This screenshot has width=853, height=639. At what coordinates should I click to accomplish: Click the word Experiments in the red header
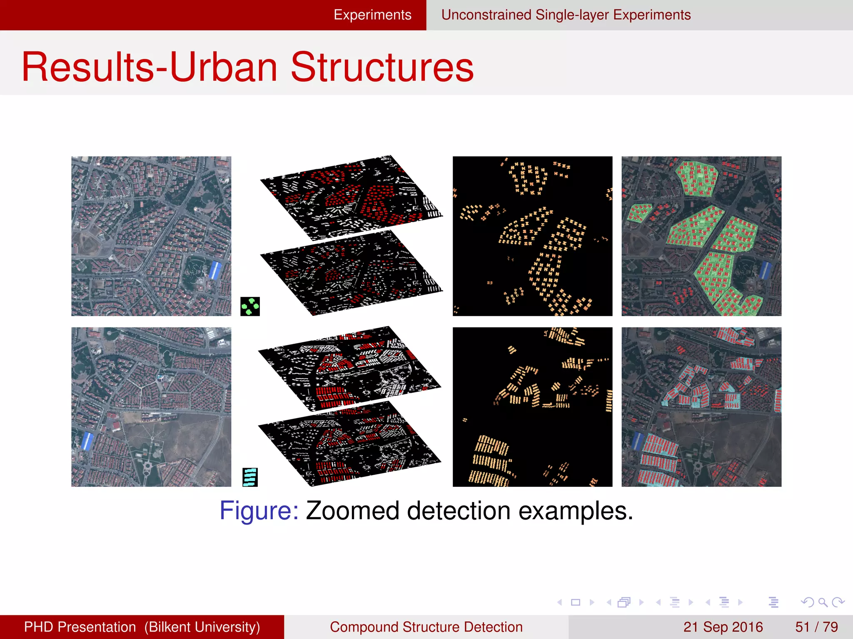pos(372,15)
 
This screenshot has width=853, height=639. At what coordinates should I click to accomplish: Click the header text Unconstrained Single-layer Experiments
pos(566,15)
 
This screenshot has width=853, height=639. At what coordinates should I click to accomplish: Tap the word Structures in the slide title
pos(382,67)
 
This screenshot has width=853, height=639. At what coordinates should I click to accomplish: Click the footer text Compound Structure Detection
pos(426,627)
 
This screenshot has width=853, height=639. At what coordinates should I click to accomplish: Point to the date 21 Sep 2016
pos(723,627)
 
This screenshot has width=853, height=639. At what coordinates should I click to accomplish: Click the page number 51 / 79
pos(816,627)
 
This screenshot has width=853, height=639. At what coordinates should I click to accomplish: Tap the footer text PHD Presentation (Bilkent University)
pos(142,627)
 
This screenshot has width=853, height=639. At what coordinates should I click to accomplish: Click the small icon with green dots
pos(250,306)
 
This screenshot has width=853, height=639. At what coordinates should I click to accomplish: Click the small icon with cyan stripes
pos(250,477)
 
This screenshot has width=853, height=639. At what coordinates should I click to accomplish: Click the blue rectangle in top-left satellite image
pos(215,270)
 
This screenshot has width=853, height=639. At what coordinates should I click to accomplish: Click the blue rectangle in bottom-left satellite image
pos(87,441)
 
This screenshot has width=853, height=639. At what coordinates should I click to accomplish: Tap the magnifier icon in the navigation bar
pos(822,602)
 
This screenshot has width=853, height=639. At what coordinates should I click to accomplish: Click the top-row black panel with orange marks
pos(532,236)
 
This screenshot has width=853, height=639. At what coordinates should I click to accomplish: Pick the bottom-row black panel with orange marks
pos(532,407)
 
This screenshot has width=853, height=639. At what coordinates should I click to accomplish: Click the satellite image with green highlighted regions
pos(701,236)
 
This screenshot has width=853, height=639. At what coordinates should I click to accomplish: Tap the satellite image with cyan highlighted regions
pos(701,407)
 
